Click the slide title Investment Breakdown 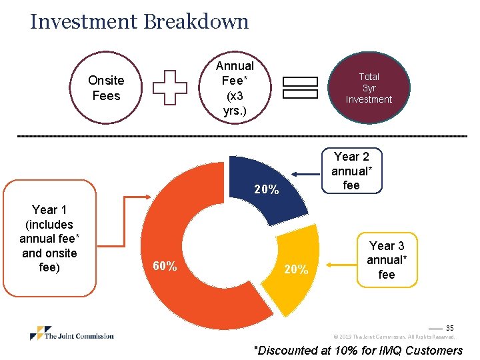pyautogui.click(x=139, y=21)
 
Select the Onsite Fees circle pyautogui.click(x=106, y=88)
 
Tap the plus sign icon pyautogui.click(x=170, y=87)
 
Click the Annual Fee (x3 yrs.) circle pyautogui.click(x=235, y=88)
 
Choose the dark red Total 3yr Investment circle pyautogui.click(x=369, y=88)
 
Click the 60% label pyautogui.click(x=165, y=267)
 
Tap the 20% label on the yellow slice pyautogui.click(x=296, y=269)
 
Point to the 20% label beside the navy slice pyautogui.click(x=267, y=190)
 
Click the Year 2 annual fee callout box pyautogui.click(x=351, y=171)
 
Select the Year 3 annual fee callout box pyautogui.click(x=387, y=260)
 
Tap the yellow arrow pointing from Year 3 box pyautogui.click(x=338, y=263)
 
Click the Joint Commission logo pyautogui.click(x=72, y=334)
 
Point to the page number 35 pyautogui.click(x=449, y=328)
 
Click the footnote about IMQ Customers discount pyautogui.click(x=357, y=351)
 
